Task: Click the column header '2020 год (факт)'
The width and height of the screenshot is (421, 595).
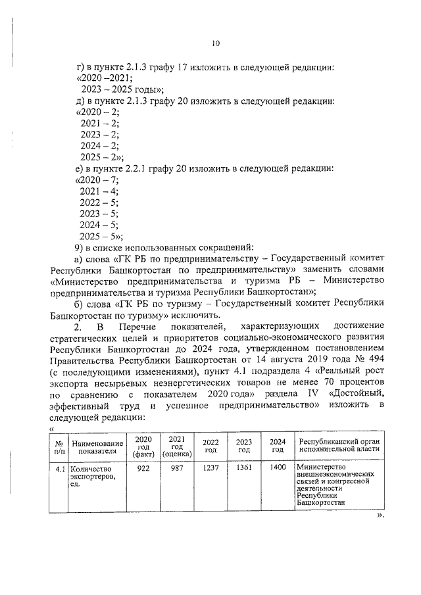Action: point(142,446)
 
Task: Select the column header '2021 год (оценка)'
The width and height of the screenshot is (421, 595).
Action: point(176,446)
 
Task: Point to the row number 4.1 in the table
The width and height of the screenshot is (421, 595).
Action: point(60,469)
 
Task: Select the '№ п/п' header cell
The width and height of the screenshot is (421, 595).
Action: point(60,446)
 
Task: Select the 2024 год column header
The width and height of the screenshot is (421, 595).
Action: point(278,446)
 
